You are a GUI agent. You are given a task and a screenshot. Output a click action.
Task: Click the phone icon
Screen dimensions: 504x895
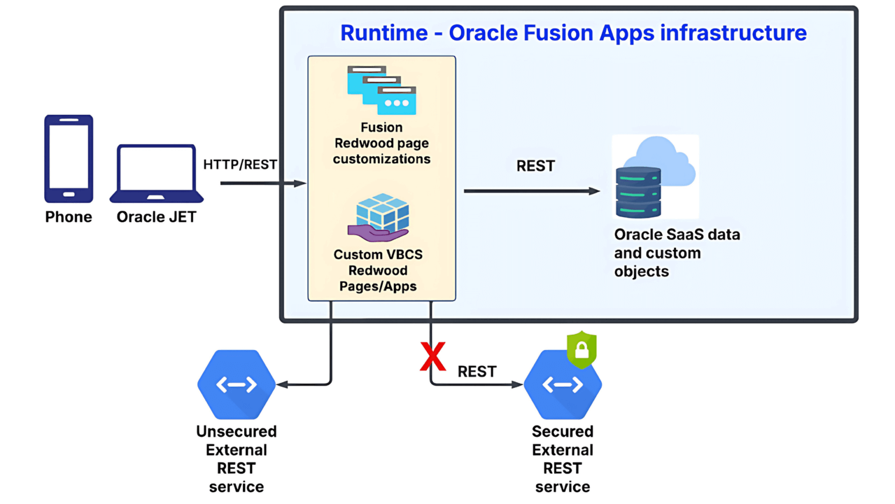pos(69,159)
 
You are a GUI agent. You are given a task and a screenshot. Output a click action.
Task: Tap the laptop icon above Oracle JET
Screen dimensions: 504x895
pos(156,173)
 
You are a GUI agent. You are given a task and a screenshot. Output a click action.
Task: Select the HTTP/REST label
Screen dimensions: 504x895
pos(240,164)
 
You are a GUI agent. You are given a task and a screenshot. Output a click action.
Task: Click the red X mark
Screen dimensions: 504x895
pos(433,357)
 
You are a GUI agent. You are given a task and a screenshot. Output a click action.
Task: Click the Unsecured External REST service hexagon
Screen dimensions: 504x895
pos(237,384)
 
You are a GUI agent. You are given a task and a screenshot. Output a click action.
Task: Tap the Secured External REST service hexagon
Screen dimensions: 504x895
pos(562,385)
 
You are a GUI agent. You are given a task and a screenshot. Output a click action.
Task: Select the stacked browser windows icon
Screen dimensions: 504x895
pos(382,90)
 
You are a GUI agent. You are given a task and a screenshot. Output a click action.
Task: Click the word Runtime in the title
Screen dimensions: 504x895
pos(384,33)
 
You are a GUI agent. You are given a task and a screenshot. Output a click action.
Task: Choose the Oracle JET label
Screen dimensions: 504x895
pos(156,217)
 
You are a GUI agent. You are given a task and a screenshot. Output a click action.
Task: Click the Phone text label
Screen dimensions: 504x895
pos(69,217)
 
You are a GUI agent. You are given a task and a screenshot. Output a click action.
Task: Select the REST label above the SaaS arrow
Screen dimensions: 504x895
pos(535,166)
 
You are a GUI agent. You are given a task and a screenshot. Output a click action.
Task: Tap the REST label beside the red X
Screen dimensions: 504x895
pos(477,372)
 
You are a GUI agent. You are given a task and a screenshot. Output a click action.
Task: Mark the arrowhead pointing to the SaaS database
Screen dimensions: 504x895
pos(594,191)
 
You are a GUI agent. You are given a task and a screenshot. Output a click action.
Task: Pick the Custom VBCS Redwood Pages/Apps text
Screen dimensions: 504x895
pos(378,271)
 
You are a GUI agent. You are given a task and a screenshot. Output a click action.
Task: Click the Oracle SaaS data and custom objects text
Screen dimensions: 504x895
pos(676,253)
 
